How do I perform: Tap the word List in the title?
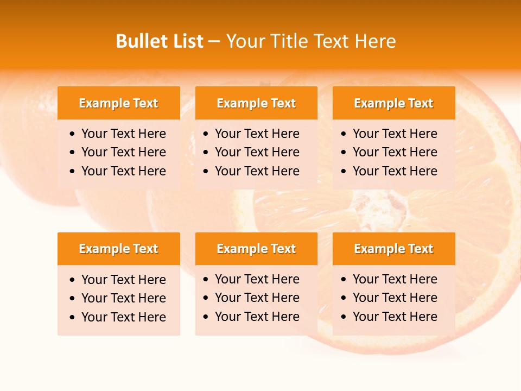tap(186, 41)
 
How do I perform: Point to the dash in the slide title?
tap(214, 42)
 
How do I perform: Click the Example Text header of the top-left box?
tap(118, 103)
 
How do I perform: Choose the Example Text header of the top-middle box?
tap(256, 103)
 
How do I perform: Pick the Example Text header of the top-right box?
tap(393, 103)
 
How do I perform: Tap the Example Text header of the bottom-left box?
tap(118, 249)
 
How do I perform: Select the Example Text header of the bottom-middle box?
tap(256, 249)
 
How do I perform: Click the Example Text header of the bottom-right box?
tap(393, 249)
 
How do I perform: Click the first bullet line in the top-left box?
tap(123, 134)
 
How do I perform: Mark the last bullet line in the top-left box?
tap(123, 171)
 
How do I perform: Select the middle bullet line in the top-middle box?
tap(257, 152)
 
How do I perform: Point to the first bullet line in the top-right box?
tap(395, 134)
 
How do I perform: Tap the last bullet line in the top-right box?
tap(395, 171)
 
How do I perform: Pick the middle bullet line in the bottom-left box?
tap(123, 298)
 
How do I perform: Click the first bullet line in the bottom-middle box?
tap(257, 279)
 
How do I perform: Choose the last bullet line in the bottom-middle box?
tap(257, 317)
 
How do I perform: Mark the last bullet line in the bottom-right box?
tap(395, 317)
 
